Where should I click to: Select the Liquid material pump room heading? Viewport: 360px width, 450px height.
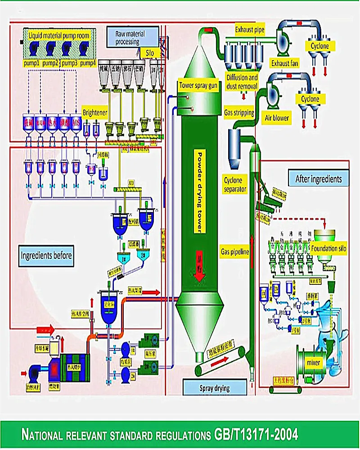point(58,35)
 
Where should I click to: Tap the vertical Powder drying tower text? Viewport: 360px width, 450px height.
point(199,192)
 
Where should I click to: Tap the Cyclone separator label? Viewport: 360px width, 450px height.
point(235,185)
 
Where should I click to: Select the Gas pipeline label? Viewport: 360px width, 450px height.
point(235,252)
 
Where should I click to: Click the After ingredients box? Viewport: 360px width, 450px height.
point(318,179)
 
